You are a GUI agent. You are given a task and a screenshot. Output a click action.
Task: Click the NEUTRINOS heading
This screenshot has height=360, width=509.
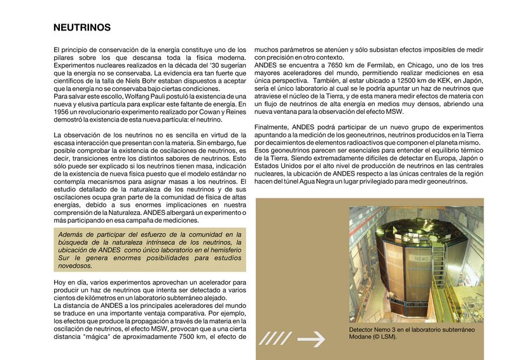[82, 28]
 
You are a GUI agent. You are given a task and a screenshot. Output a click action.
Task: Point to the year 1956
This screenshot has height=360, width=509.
[63, 111]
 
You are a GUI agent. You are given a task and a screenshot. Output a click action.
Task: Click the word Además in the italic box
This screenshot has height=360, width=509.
[73, 235]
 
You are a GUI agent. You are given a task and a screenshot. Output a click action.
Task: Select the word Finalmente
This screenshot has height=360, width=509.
[274, 127]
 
